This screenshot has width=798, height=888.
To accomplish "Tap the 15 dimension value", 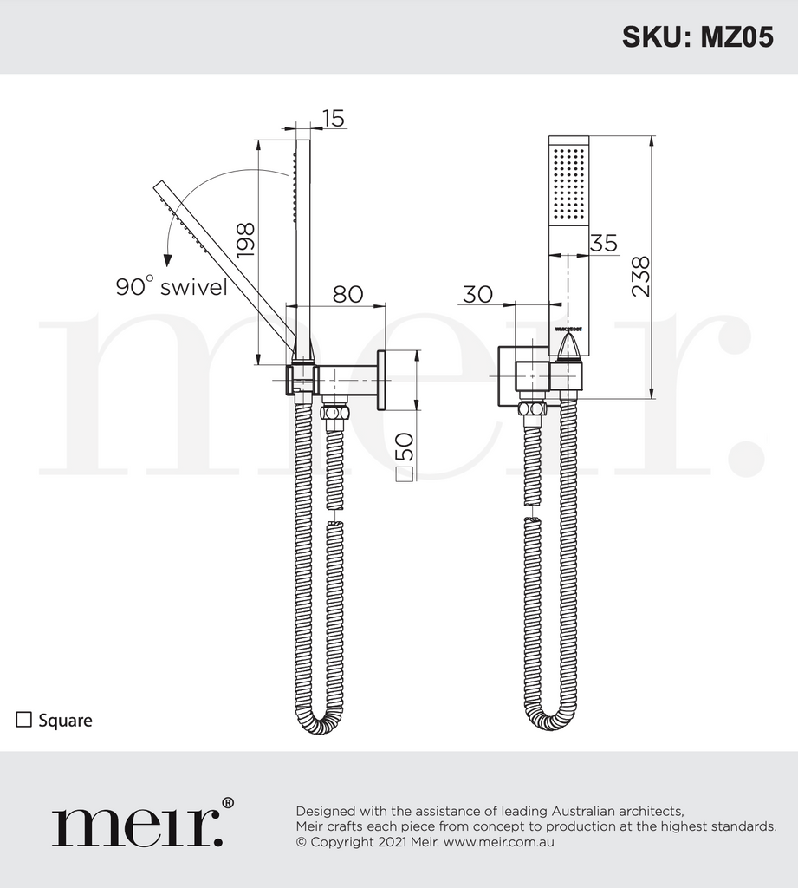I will [x=333, y=117].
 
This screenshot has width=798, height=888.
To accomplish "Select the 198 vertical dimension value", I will [x=245, y=239].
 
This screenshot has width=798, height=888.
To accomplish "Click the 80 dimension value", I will [x=347, y=294].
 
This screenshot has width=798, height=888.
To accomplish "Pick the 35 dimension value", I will [x=603, y=243].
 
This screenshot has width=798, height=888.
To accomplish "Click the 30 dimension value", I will [x=477, y=294].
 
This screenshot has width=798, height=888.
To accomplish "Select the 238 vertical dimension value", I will [x=641, y=277].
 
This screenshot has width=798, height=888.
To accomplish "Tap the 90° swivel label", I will [x=172, y=287].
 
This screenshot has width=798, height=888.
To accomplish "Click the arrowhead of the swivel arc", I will [x=166, y=258].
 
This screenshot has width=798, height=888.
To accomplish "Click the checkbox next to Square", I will [x=24, y=719].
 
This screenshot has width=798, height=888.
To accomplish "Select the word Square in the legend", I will [x=65, y=720].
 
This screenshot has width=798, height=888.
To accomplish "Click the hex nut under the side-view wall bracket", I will [x=334, y=410].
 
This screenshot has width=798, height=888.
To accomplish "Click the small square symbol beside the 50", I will [x=405, y=473].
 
